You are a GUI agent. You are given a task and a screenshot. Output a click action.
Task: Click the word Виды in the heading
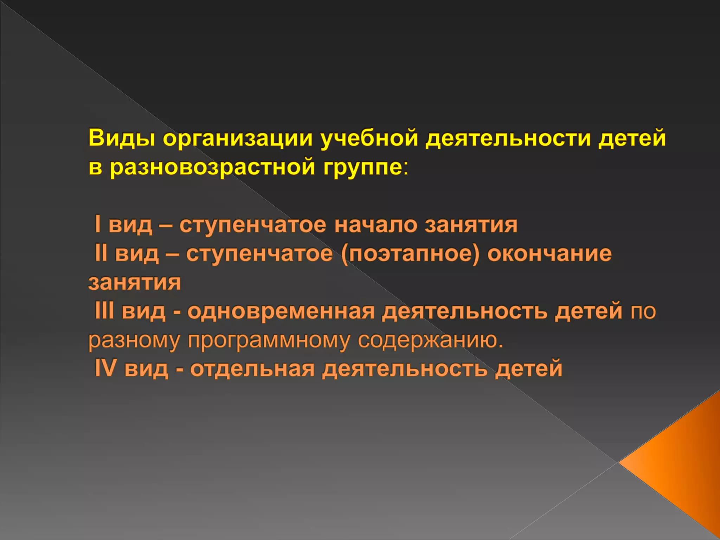click(121, 138)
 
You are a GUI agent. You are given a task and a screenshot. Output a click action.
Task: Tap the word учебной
click(369, 138)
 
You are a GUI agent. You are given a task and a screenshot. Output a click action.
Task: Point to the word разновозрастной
click(212, 167)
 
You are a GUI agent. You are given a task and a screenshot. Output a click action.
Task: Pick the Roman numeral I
click(98, 224)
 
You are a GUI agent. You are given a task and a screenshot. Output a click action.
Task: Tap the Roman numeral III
click(104, 311)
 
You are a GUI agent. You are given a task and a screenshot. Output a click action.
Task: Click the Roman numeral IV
click(105, 368)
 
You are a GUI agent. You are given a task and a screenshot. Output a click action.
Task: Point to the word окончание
click(549, 253)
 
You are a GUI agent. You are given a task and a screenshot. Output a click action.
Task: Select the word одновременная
click(281, 311)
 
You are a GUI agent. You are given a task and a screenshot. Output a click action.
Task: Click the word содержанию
click(430, 340)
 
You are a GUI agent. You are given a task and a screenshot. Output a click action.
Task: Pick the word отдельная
click(252, 369)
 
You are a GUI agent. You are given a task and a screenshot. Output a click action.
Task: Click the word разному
click(134, 340)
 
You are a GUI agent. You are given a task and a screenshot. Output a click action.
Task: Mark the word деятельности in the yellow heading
click(508, 138)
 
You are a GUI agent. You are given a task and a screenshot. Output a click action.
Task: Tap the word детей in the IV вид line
click(528, 369)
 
